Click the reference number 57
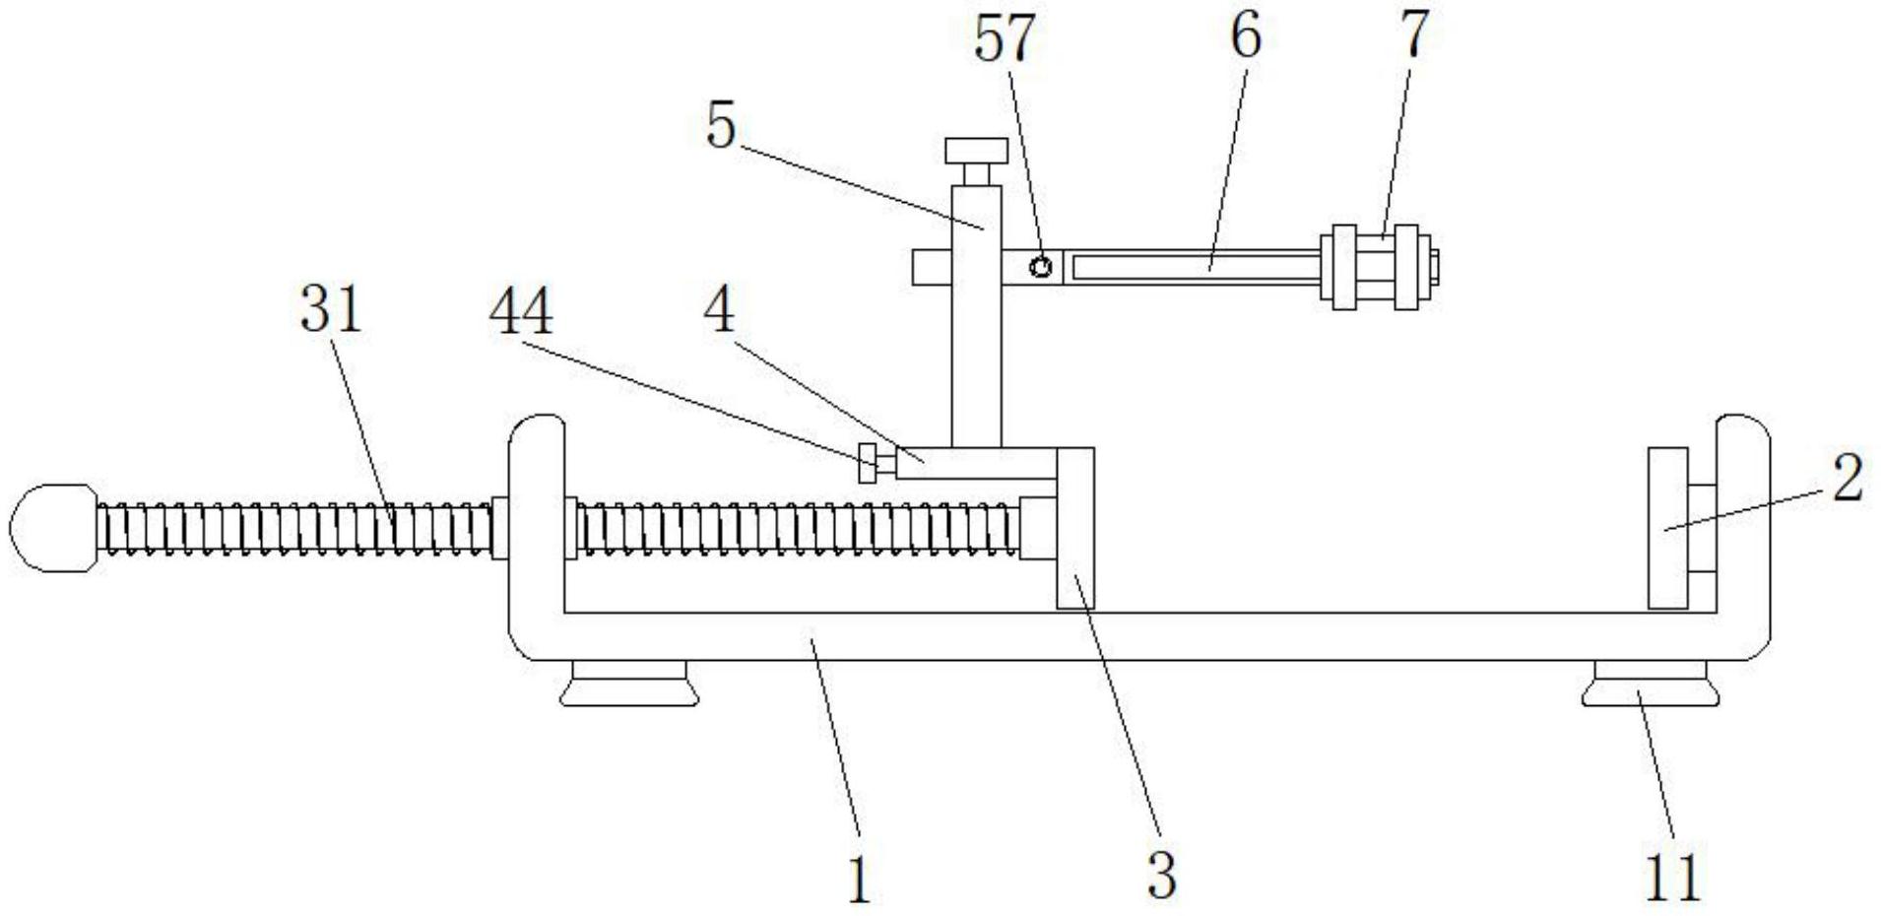(x=1005, y=38)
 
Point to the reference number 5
(x=721, y=126)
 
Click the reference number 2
(x=1848, y=479)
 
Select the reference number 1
(x=859, y=880)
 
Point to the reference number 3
(x=1162, y=875)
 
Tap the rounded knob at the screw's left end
(x=54, y=527)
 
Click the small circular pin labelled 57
(x=1041, y=266)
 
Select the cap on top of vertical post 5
(x=976, y=151)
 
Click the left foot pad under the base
(x=629, y=684)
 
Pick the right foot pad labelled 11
(x=1651, y=684)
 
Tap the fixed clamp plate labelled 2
(x=1668, y=528)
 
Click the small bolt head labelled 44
(x=868, y=463)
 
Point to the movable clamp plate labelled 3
(x=1075, y=528)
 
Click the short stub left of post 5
(x=932, y=268)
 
